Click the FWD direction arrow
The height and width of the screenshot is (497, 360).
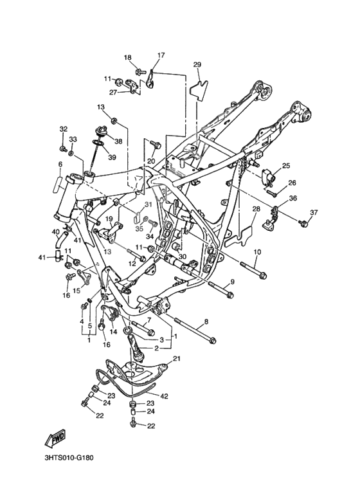point(55,438)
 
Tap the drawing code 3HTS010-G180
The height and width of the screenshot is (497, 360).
point(69,458)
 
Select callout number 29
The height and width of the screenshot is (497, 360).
point(197,65)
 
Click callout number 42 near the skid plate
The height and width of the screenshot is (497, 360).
point(164,396)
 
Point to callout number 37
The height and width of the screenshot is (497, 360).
point(314,212)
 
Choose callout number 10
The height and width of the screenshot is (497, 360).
point(257,252)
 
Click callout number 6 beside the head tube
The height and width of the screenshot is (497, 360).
point(60,164)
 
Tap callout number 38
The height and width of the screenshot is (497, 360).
point(118,141)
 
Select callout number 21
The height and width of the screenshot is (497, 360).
point(176,359)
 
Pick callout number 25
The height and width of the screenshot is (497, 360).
point(286,165)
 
